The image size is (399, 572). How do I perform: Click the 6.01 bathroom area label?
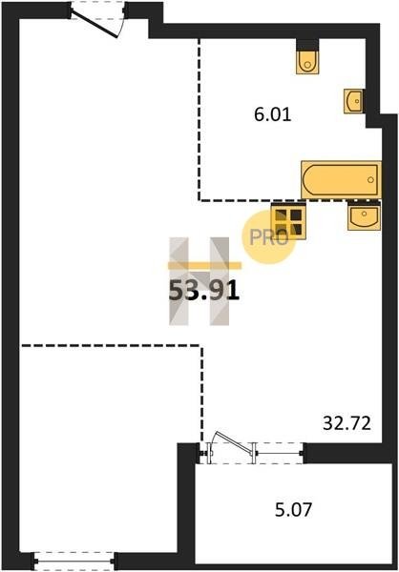[x=273, y=115]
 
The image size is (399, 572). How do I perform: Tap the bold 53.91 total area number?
[x=204, y=291]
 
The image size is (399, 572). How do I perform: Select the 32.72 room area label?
[x=346, y=423]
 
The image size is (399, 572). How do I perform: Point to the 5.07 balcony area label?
[x=293, y=509]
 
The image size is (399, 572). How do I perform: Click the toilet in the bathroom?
[x=307, y=62]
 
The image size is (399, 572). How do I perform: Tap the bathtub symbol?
[x=341, y=180]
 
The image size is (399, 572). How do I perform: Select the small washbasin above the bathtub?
[x=353, y=101]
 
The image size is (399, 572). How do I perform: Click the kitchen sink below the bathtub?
[x=364, y=216]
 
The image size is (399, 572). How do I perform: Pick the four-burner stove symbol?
[x=288, y=221]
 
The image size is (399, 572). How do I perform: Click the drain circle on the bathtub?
[x=370, y=179]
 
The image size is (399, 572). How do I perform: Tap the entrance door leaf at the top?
[x=94, y=24]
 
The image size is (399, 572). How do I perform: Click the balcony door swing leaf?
[x=234, y=442]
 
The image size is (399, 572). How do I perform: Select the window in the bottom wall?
[x=74, y=562]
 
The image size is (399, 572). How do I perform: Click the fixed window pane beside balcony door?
[x=279, y=454]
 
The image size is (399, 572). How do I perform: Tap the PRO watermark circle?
[x=268, y=237]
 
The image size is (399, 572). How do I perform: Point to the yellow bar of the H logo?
[x=204, y=266]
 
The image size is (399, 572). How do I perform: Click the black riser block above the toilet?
[x=307, y=45]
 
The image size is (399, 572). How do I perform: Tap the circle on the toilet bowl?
[x=307, y=65]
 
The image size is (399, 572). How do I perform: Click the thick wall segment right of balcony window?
[x=349, y=453]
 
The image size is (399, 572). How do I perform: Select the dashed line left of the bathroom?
[x=199, y=120]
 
